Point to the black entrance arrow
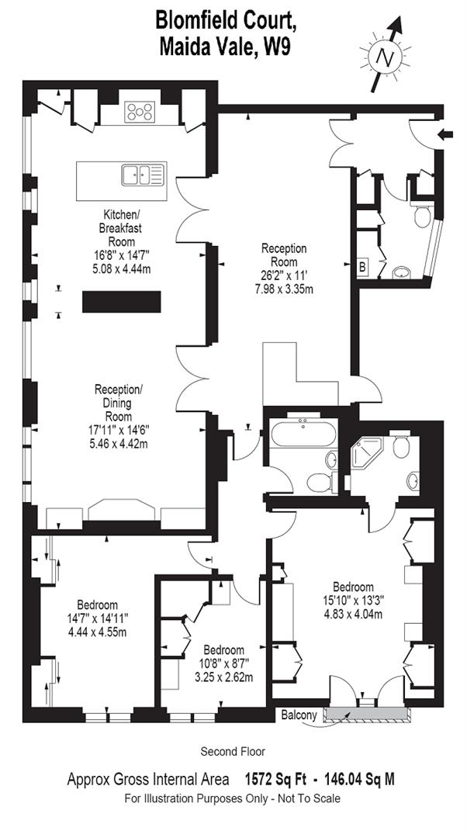pos(447,135)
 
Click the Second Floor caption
pos(233,751)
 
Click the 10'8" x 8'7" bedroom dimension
pos(223,663)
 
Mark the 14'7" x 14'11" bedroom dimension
pos(97,618)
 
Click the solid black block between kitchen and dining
pos(121,301)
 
